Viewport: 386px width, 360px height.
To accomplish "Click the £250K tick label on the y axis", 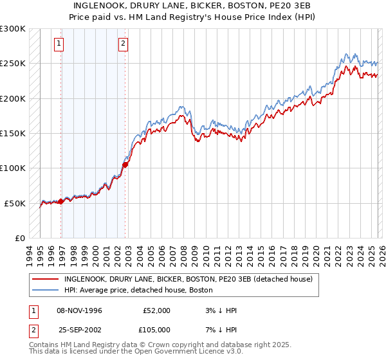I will point(13,64).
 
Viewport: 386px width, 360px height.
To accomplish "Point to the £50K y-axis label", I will point(15,203).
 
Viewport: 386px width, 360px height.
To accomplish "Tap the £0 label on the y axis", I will point(20,238).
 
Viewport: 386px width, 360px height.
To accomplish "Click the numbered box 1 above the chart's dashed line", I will point(59,44).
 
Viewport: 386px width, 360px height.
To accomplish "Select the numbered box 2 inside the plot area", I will point(123,44).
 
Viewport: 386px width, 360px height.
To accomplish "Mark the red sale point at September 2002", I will point(125,165).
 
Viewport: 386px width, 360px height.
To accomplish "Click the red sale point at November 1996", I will point(61,201).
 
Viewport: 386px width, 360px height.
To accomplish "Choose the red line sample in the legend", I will point(46,279).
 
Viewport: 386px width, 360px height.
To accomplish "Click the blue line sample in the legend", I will point(46,290).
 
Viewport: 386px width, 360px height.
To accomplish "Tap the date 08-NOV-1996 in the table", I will point(79,310).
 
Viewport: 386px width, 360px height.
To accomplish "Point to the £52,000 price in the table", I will point(156,310).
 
